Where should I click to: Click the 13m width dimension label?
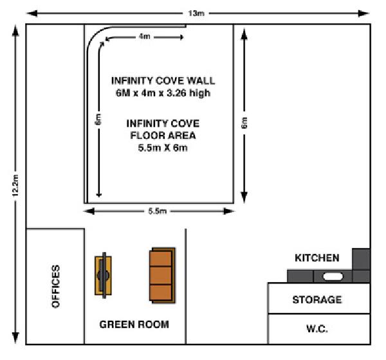tap(196, 14)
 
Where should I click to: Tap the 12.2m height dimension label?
tap(15, 186)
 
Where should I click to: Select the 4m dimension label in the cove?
tap(145, 37)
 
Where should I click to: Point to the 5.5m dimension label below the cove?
tap(158, 211)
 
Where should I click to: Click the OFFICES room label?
tap(55, 286)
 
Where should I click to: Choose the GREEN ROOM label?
tap(134, 324)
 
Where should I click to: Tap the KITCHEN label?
tap(317, 258)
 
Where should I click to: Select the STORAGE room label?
tap(317, 300)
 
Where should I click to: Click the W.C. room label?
tap(317, 328)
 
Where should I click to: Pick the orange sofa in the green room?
tap(163, 275)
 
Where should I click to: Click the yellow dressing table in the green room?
tap(104, 275)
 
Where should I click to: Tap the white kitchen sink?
tap(333, 276)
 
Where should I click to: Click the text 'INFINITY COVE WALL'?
tap(163, 81)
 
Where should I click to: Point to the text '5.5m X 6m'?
tap(163, 148)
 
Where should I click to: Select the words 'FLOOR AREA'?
tap(163, 136)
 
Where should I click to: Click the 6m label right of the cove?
tap(244, 123)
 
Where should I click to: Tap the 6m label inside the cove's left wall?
tap(98, 119)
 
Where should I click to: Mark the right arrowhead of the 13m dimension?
tap(363, 14)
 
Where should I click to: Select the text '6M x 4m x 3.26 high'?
tap(163, 93)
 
